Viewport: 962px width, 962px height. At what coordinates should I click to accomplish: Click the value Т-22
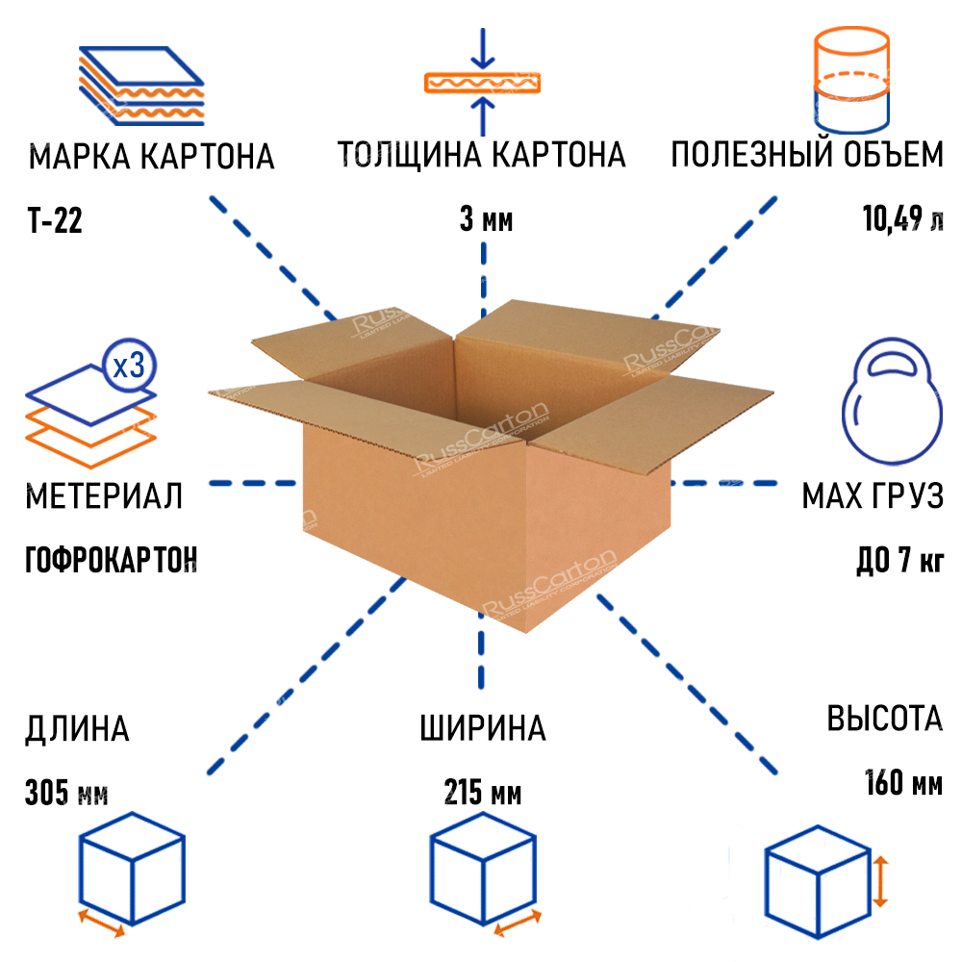tap(55, 222)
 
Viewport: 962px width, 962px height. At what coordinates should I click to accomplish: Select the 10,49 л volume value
tap(902, 221)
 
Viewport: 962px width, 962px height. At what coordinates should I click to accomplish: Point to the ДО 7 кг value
tap(899, 559)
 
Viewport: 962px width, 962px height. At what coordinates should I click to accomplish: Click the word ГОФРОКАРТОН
tap(111, 558)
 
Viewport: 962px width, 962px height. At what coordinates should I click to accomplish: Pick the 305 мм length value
tap(66, 795)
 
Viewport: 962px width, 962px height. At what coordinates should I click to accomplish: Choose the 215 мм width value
tap(483, 795)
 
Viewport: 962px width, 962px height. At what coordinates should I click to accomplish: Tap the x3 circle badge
tap(129, 365)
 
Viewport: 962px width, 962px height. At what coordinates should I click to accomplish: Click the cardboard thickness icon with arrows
tap(484, 82)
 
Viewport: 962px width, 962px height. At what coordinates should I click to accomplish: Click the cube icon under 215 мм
tap(481, 870)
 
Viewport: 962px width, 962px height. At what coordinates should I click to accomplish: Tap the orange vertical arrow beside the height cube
tap(880, 883)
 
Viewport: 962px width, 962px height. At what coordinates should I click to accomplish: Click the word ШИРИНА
tap(482, 728)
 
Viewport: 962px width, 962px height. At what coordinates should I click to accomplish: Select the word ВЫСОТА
tap(884, 719)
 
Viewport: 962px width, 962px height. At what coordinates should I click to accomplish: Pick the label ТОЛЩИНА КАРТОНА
tap(481, 155)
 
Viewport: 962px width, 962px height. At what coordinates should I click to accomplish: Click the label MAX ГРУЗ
tap(872, 496)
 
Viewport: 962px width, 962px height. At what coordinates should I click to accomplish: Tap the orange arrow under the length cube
tap(101, 922)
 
